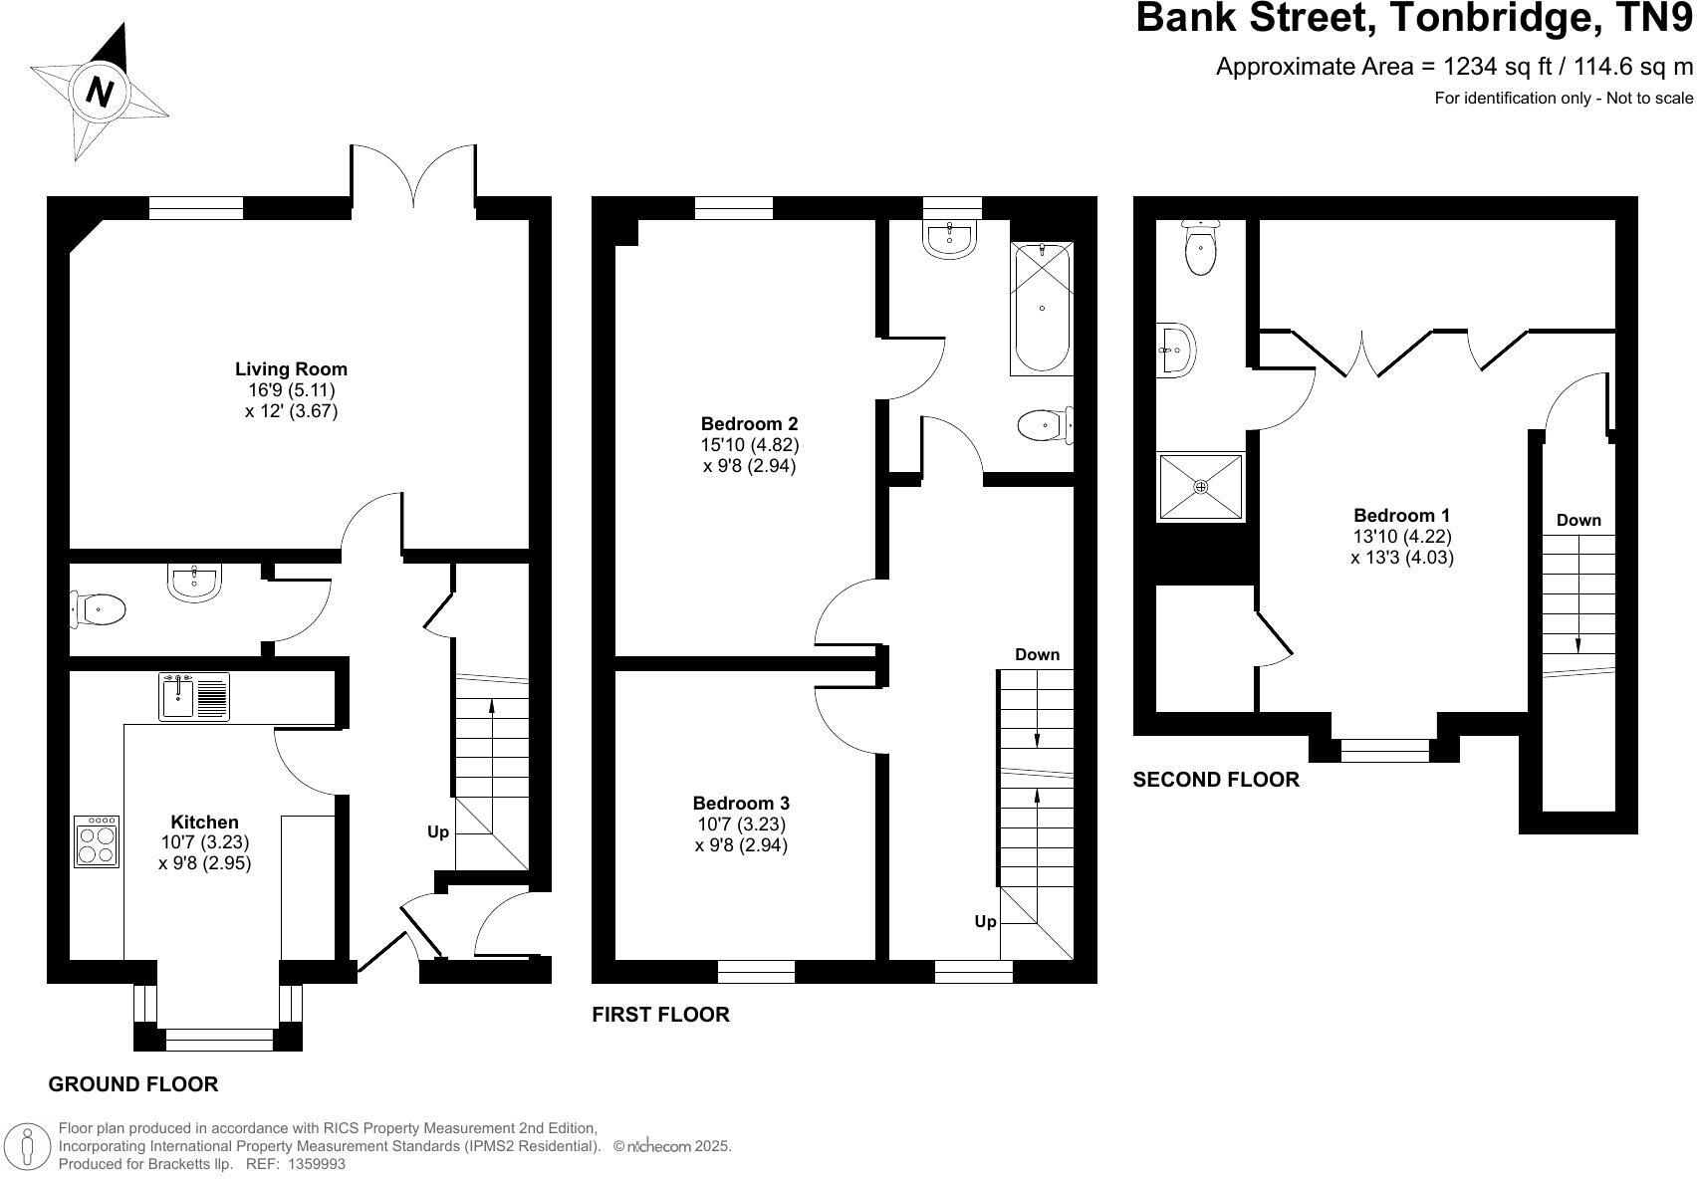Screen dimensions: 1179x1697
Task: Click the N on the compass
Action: (x=99, y=91)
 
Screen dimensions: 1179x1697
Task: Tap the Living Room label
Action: (x=291, y=368)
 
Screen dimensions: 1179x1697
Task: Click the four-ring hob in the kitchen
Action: (x=97, y=841)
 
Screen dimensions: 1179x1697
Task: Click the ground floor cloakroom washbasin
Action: (x=195, y=582)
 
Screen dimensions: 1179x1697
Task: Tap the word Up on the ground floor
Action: (x=438, y=831)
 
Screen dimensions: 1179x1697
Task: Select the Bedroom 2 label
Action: (x=749, y=423)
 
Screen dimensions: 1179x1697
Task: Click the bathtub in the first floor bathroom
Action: (x=1042, y=308)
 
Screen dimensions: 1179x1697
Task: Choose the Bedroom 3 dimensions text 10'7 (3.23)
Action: (x=741, y=825)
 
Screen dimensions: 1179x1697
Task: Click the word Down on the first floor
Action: (x=1037, y=654)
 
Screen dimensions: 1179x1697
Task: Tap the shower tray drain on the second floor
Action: (x=1200, y=487)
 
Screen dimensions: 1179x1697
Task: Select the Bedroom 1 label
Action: (x=1401, y=515)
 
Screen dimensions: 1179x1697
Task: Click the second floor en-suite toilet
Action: (x=1201, y=249)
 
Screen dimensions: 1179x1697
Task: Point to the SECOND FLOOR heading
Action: (x=1216, y=780)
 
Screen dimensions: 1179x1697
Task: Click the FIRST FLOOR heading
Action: (x=660, y=1015)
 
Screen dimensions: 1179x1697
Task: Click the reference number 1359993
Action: (x=316, y=1163)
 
